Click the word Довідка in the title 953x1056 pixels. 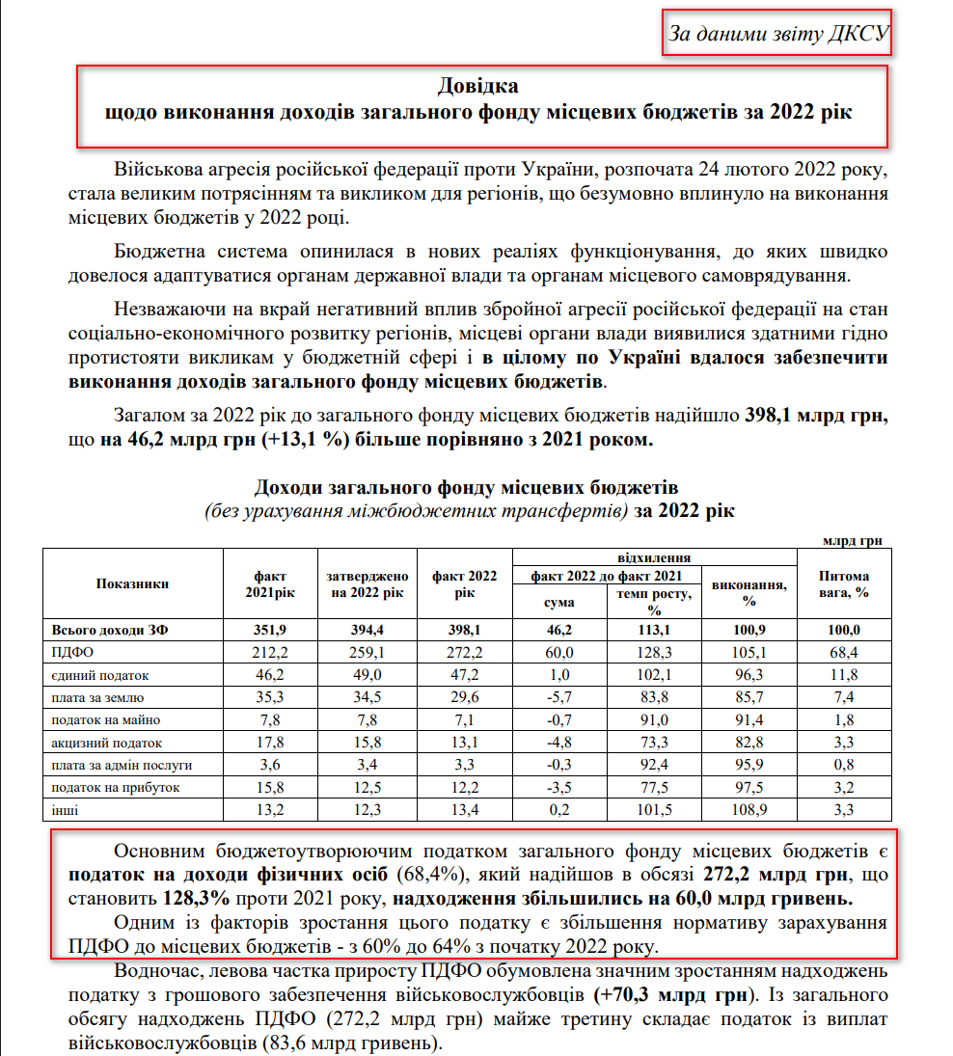pos(478,84)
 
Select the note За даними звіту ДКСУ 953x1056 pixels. pos(777,35)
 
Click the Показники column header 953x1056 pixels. pos(133,583)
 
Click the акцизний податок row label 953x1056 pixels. pos(95,743)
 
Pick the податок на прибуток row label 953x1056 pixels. pos(101,788)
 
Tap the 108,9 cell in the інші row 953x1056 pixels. pos(749,810)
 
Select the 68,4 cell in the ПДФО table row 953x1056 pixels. pos(843,653)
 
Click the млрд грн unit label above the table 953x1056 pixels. pos(853,540)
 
